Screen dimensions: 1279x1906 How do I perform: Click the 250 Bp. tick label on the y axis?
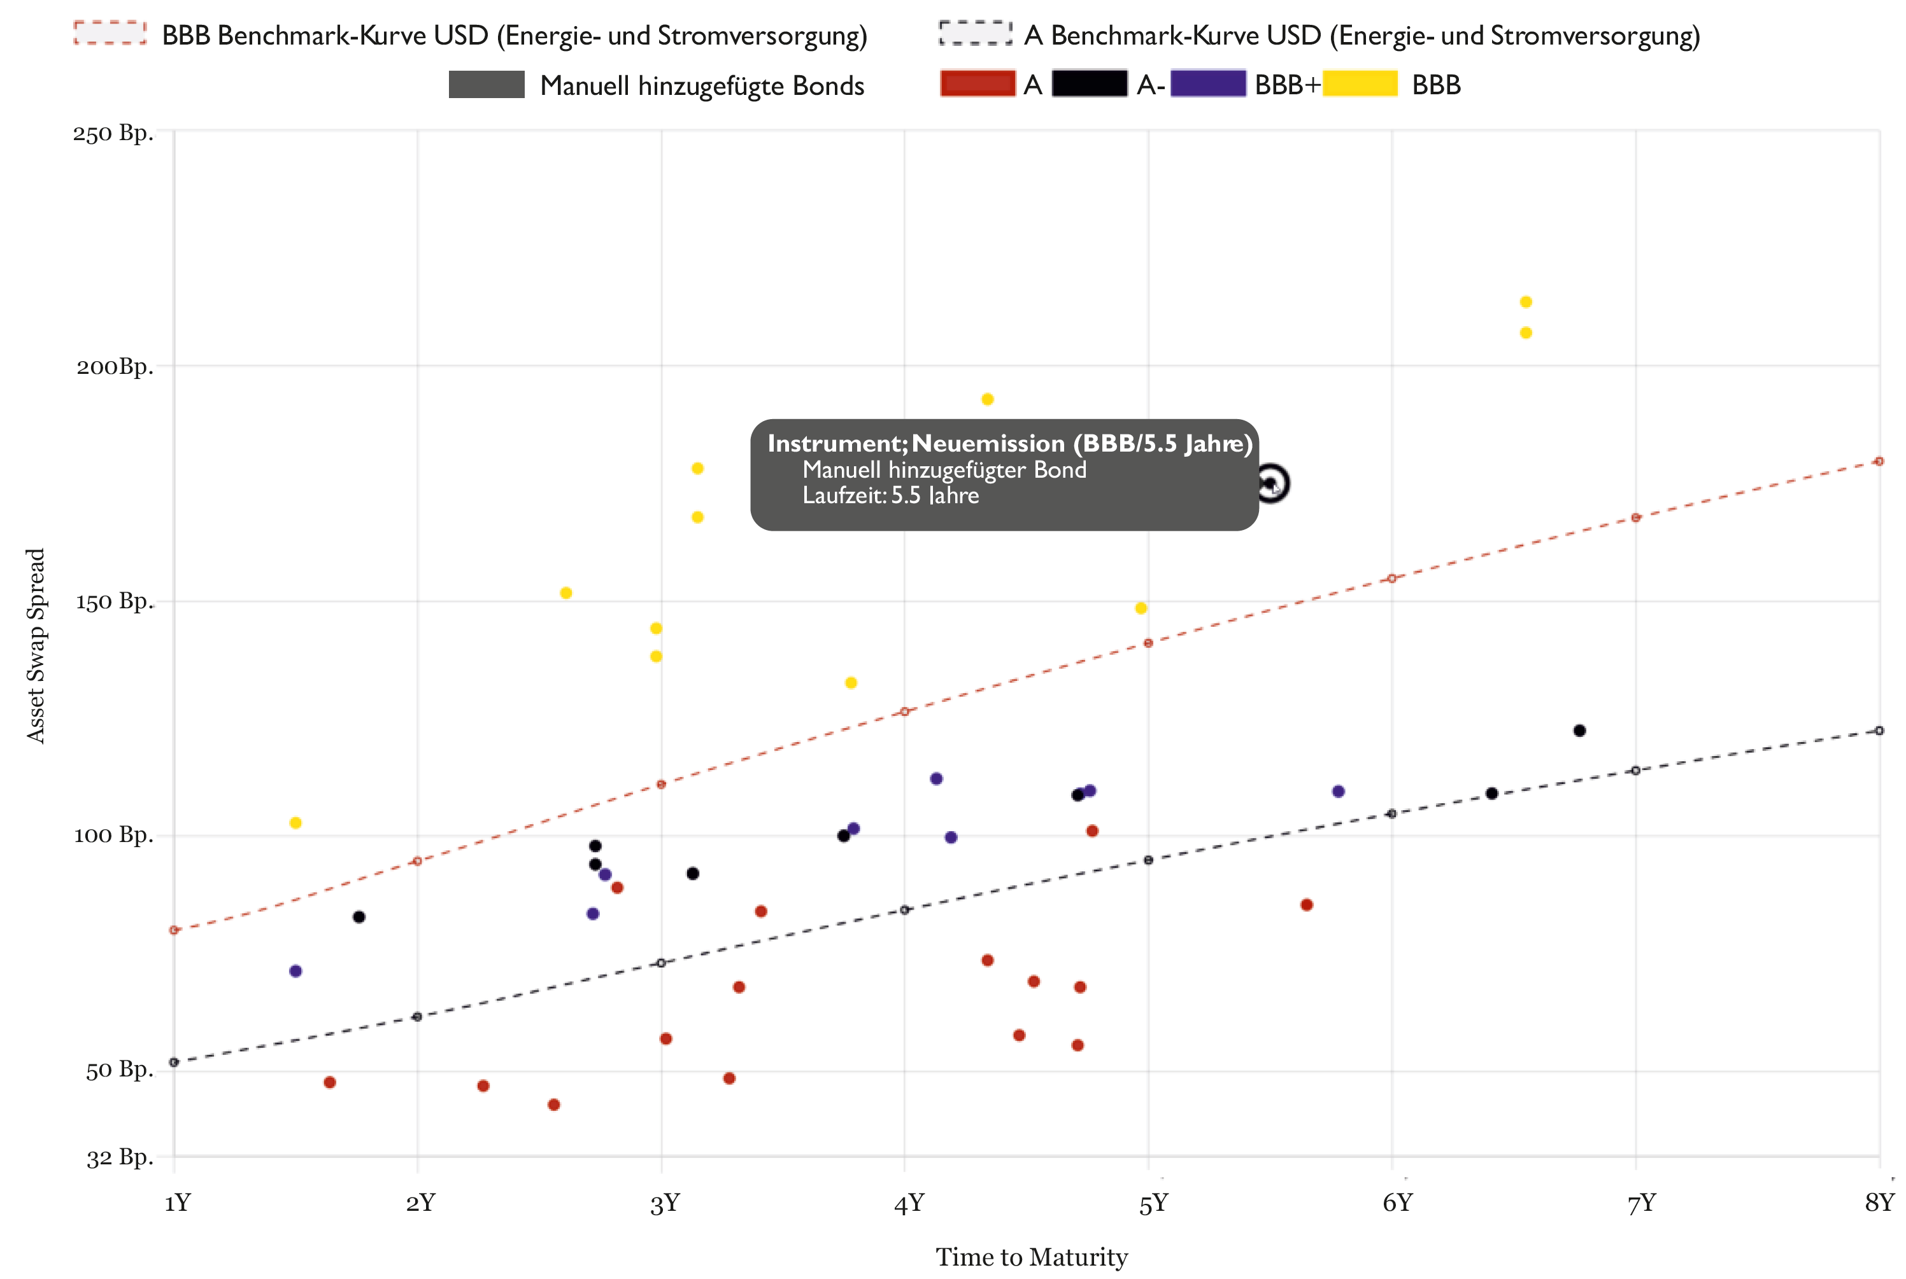tap(113, 133)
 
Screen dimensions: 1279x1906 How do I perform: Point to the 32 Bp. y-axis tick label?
tap(119, 1157)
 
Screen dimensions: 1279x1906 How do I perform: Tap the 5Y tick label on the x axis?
tap(1153, 1203)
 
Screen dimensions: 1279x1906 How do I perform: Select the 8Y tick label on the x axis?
tap(1878, 1203)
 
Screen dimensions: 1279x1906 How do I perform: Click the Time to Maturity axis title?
tap(1031, 1257)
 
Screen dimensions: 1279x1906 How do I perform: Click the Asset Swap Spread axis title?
tap(36, 645)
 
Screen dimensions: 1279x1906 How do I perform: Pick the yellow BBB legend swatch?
tap(1359, 84)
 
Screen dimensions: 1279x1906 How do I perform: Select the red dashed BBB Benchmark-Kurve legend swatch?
tap(110, 34)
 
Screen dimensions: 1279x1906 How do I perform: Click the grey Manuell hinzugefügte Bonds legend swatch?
tap(486, 85)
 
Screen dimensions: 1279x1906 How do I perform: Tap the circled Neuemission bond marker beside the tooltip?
tap(1270, 483)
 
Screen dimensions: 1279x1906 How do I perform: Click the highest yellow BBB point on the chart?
tap(1525, 302)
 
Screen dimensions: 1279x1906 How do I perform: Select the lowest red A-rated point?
tap(554, 1104)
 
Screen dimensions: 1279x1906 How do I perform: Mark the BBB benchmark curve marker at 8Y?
tap(1878, 462)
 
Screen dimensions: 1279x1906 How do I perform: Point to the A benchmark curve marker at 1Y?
tap(174, 1062)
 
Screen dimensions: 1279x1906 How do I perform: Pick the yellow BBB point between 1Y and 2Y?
tap(295, 823)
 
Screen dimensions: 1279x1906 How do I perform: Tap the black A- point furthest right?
tap(1579, 731)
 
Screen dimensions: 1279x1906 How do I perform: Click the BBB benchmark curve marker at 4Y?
tap(904, 712)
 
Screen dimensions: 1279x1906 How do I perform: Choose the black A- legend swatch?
tap(1089, 84)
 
